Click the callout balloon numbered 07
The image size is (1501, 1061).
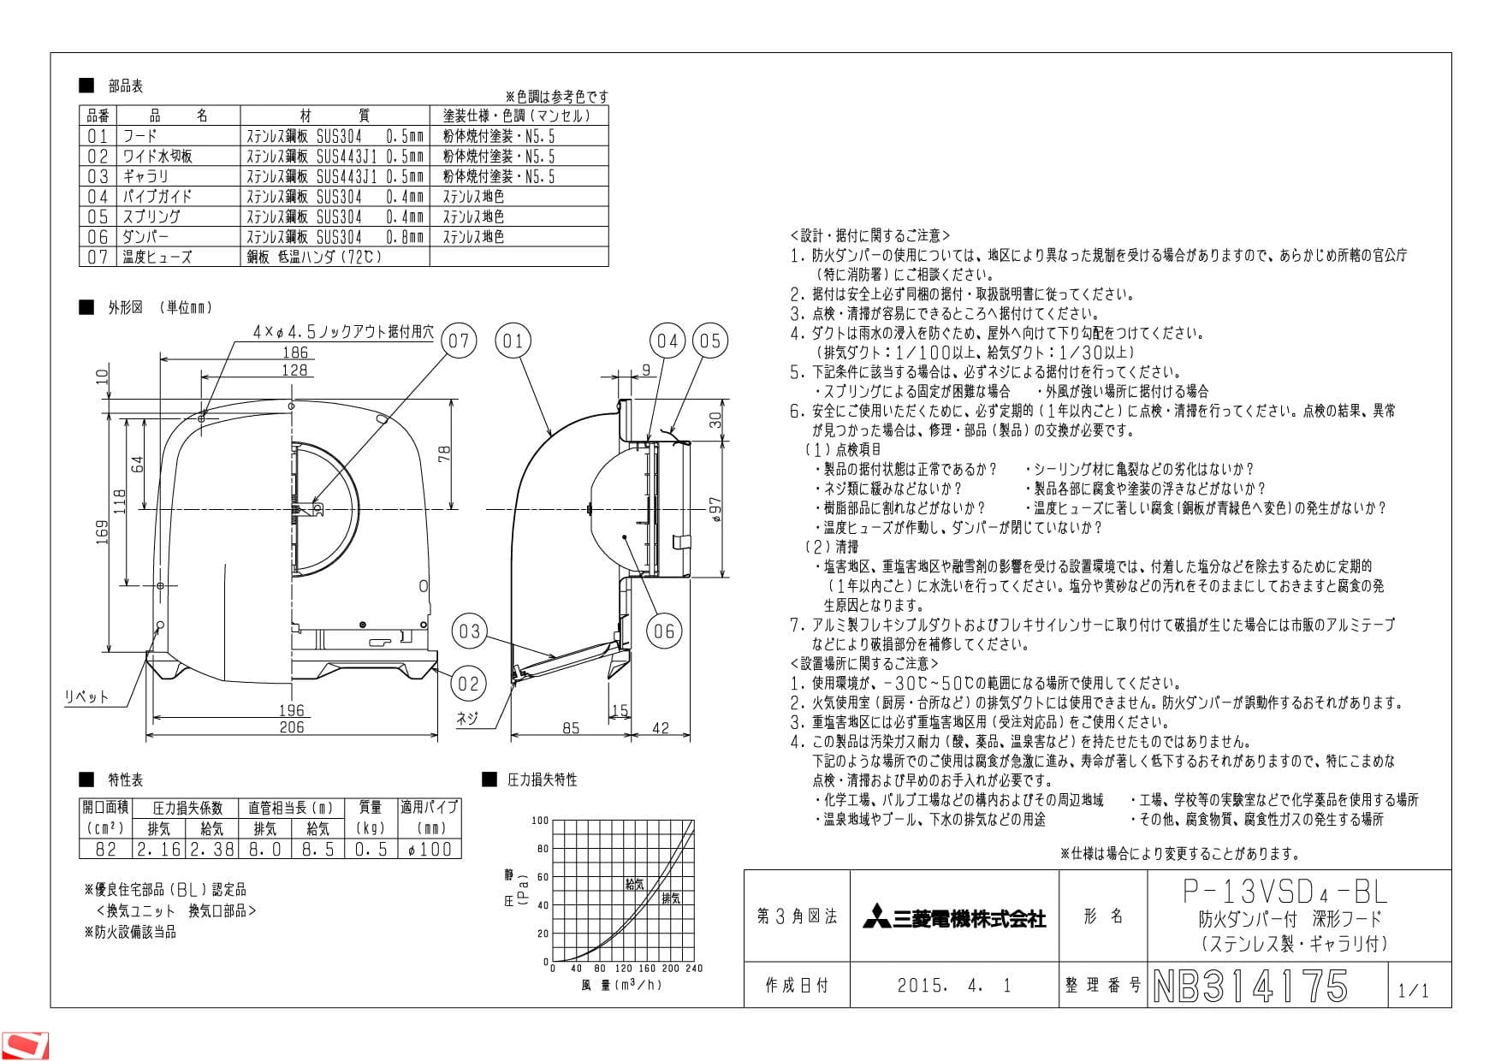(x=460, y=341)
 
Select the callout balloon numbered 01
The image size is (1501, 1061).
(x=513, y=341)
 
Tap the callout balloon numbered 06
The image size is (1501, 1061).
(x=664, y=631)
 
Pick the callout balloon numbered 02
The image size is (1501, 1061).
(x=469, y=683)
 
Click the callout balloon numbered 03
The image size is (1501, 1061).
(x=469, y=631)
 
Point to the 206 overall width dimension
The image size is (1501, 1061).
(x=292, y=726)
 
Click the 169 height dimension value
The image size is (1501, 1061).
(x=103, y=532)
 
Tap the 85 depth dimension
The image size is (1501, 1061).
(x=571, y=728)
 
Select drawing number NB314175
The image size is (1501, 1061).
(x=1250, y=986)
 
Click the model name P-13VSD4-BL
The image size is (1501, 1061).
(x=1285, y=892)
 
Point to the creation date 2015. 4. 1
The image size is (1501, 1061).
(x=954, y=986)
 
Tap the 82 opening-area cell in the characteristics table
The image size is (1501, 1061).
(x=106, y=849)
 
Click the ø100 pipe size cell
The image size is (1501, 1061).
(x=430, y=849)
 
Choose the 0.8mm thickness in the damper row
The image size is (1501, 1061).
(x=404, y=237)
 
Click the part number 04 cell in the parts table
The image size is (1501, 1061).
(x=98, y=196)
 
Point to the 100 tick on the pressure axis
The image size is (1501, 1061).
(x=540, y=821)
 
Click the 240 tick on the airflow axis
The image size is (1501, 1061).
(x=694, y=969)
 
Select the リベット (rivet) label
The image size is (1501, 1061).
(x=87, y=696)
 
